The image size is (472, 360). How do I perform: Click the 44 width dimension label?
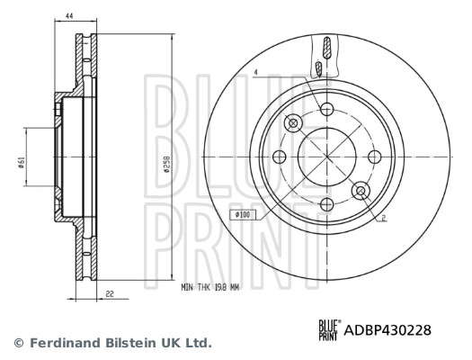click(69, 16)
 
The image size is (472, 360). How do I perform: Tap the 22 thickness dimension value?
click(110, 293)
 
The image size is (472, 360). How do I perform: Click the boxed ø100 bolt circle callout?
click(243, 215)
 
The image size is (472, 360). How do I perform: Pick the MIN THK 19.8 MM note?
click(210, 287)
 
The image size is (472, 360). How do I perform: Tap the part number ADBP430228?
click(387, 330)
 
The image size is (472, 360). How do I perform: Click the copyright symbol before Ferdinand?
click(19, 343)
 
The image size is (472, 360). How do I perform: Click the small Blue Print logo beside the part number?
click(330, 330)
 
